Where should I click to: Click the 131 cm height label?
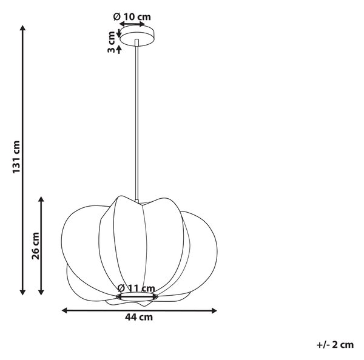click(16, 157)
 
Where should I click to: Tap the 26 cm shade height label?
click(36, 246)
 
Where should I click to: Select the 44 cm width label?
click(139, 317)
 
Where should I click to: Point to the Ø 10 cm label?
click(132, 17)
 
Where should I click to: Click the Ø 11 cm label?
click(136, 288)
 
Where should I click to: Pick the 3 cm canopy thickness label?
click(112, 42)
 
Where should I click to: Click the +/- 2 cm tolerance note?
click(335, 345)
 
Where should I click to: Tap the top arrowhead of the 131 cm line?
click(22, 28)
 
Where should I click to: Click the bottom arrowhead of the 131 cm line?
click(22, 292)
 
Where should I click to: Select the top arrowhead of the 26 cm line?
click(41, 199)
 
